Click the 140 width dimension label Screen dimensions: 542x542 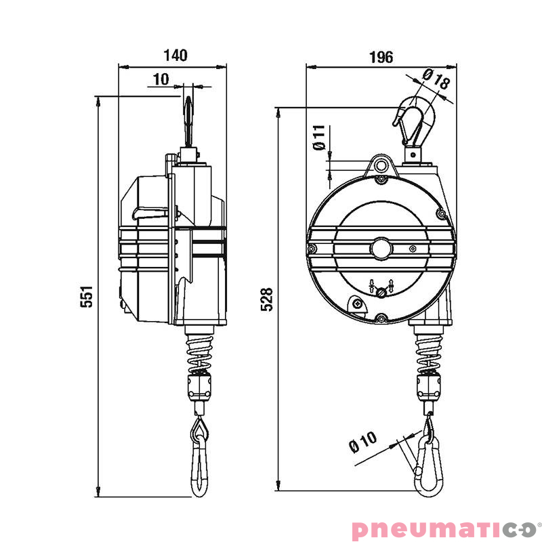[175, 56]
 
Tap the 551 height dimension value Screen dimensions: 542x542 [87, 296]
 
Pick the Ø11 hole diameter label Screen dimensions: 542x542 [319, 138]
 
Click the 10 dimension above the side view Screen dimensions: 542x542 [161, 79]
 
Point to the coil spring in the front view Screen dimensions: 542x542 [427, 352]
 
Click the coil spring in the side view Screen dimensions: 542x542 [199, 352]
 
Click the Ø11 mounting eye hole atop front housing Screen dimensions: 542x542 [381, 165]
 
